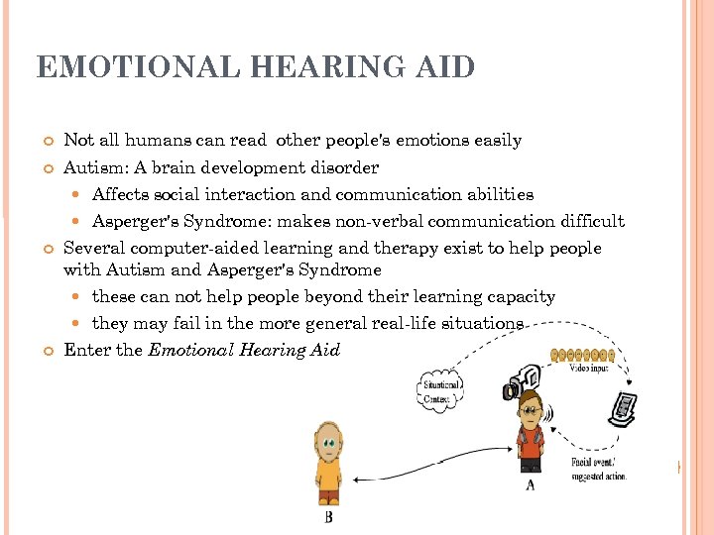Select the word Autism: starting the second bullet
pyautogui.click(x=95, y=167)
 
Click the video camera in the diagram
pyautogui.click(x=520, y=381)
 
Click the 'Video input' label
pyautogui.click(x=591, y=369)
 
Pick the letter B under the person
pyautogui.click(x=328, y=516)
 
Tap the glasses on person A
pyautogui.click(x=530, y=408)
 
